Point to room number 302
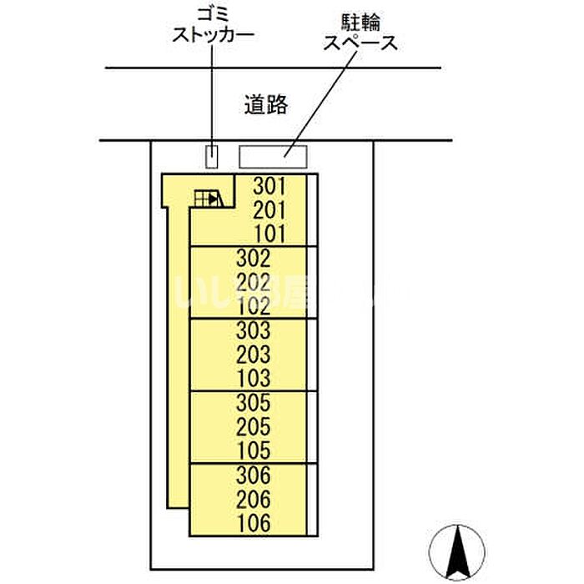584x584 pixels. point(254,258)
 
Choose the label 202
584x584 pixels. point(254,281)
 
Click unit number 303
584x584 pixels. point(254,330)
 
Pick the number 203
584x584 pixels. point(254,353)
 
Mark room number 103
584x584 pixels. point(254,377)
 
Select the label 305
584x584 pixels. point(254,403)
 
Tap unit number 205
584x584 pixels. point(254,426)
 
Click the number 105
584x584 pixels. point(254,451)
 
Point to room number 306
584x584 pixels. point(254,476)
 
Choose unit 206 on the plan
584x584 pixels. point(254,500)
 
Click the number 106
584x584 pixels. point(254,524)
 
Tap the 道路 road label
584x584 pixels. point(266,103)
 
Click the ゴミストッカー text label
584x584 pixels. point(212,26)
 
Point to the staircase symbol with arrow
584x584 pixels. point(207,198)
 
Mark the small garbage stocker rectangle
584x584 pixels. point(213,155)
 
